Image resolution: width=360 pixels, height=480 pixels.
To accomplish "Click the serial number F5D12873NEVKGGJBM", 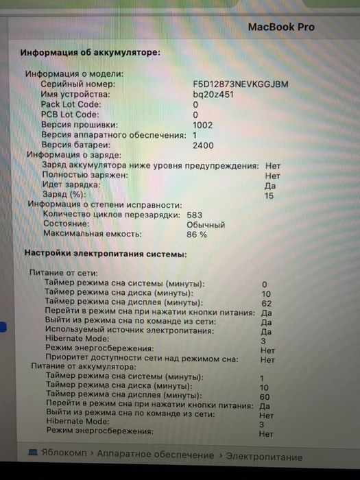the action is click(241, 84).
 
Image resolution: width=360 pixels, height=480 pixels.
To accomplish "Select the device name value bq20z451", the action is click(213, 95).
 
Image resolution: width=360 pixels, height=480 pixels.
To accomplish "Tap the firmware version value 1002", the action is click(202, 125).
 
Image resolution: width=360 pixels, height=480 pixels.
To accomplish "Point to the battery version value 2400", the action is click(202, 145).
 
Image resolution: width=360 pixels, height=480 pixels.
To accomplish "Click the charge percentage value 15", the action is click(269, 195).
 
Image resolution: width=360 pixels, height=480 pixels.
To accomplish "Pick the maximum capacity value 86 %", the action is click(197, 235).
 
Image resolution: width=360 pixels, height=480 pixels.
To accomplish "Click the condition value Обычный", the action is click(206, 224).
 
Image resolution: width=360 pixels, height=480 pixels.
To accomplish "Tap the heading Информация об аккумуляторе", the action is click(90, 52).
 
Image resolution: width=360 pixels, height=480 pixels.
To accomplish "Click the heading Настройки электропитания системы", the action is click(105, 254).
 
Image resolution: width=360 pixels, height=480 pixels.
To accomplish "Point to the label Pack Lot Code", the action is click(71, 105).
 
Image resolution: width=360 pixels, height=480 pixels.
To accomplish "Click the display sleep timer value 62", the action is click(267, 302).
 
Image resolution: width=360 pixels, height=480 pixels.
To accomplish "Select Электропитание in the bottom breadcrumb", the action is click(264, 456).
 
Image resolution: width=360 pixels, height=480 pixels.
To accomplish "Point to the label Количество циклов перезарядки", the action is click(104, 215).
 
